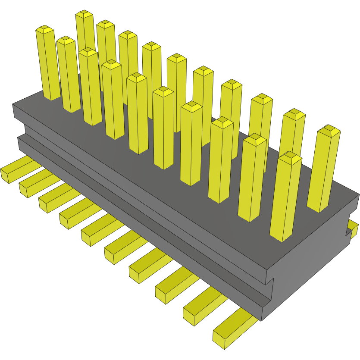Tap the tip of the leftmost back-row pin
point(85,14)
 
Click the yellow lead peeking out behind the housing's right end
point(354,228)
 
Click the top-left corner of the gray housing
point(13,105)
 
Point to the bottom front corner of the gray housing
point(261,320)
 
